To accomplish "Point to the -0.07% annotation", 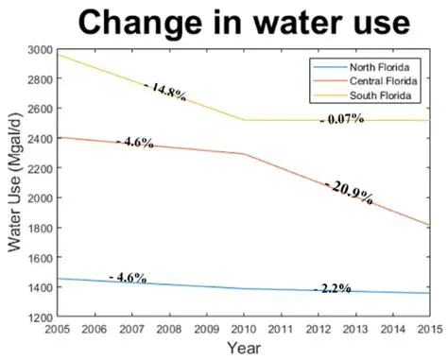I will click(x=342, y=120).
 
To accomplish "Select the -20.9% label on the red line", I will click(x=349, y=193).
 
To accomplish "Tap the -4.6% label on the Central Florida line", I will click(x=135, y=142).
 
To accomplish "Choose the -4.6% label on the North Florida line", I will click(x=128, y=278).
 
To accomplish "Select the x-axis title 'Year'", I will click(x=245, y=349).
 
